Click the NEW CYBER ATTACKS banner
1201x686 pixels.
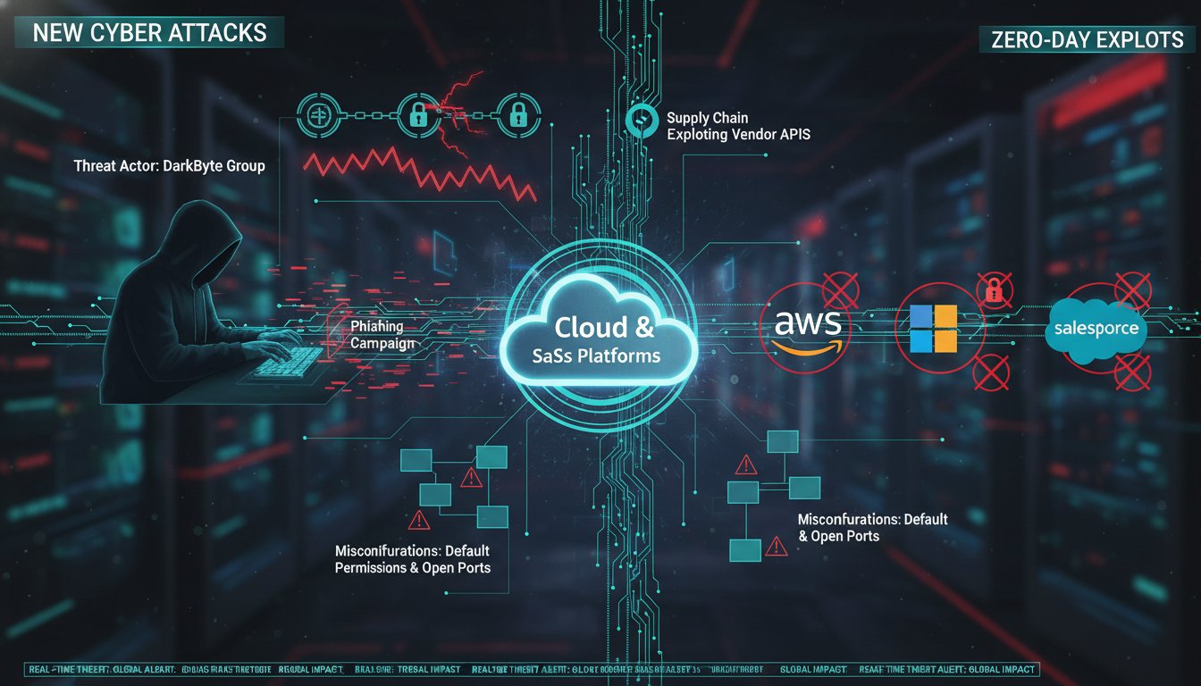point(149,33)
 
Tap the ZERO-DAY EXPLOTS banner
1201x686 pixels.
point(1087,39)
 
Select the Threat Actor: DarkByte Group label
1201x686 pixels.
point(169,166)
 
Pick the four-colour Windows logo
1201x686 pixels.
point(932,328)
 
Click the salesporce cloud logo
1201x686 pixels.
point(1096,329)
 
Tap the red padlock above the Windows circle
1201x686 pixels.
point(991,289)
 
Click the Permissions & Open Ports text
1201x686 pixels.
point(412,568)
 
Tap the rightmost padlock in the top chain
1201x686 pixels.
point(516,114)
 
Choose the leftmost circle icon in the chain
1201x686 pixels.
point(319,115)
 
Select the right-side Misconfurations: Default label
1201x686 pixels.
point(872,519)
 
